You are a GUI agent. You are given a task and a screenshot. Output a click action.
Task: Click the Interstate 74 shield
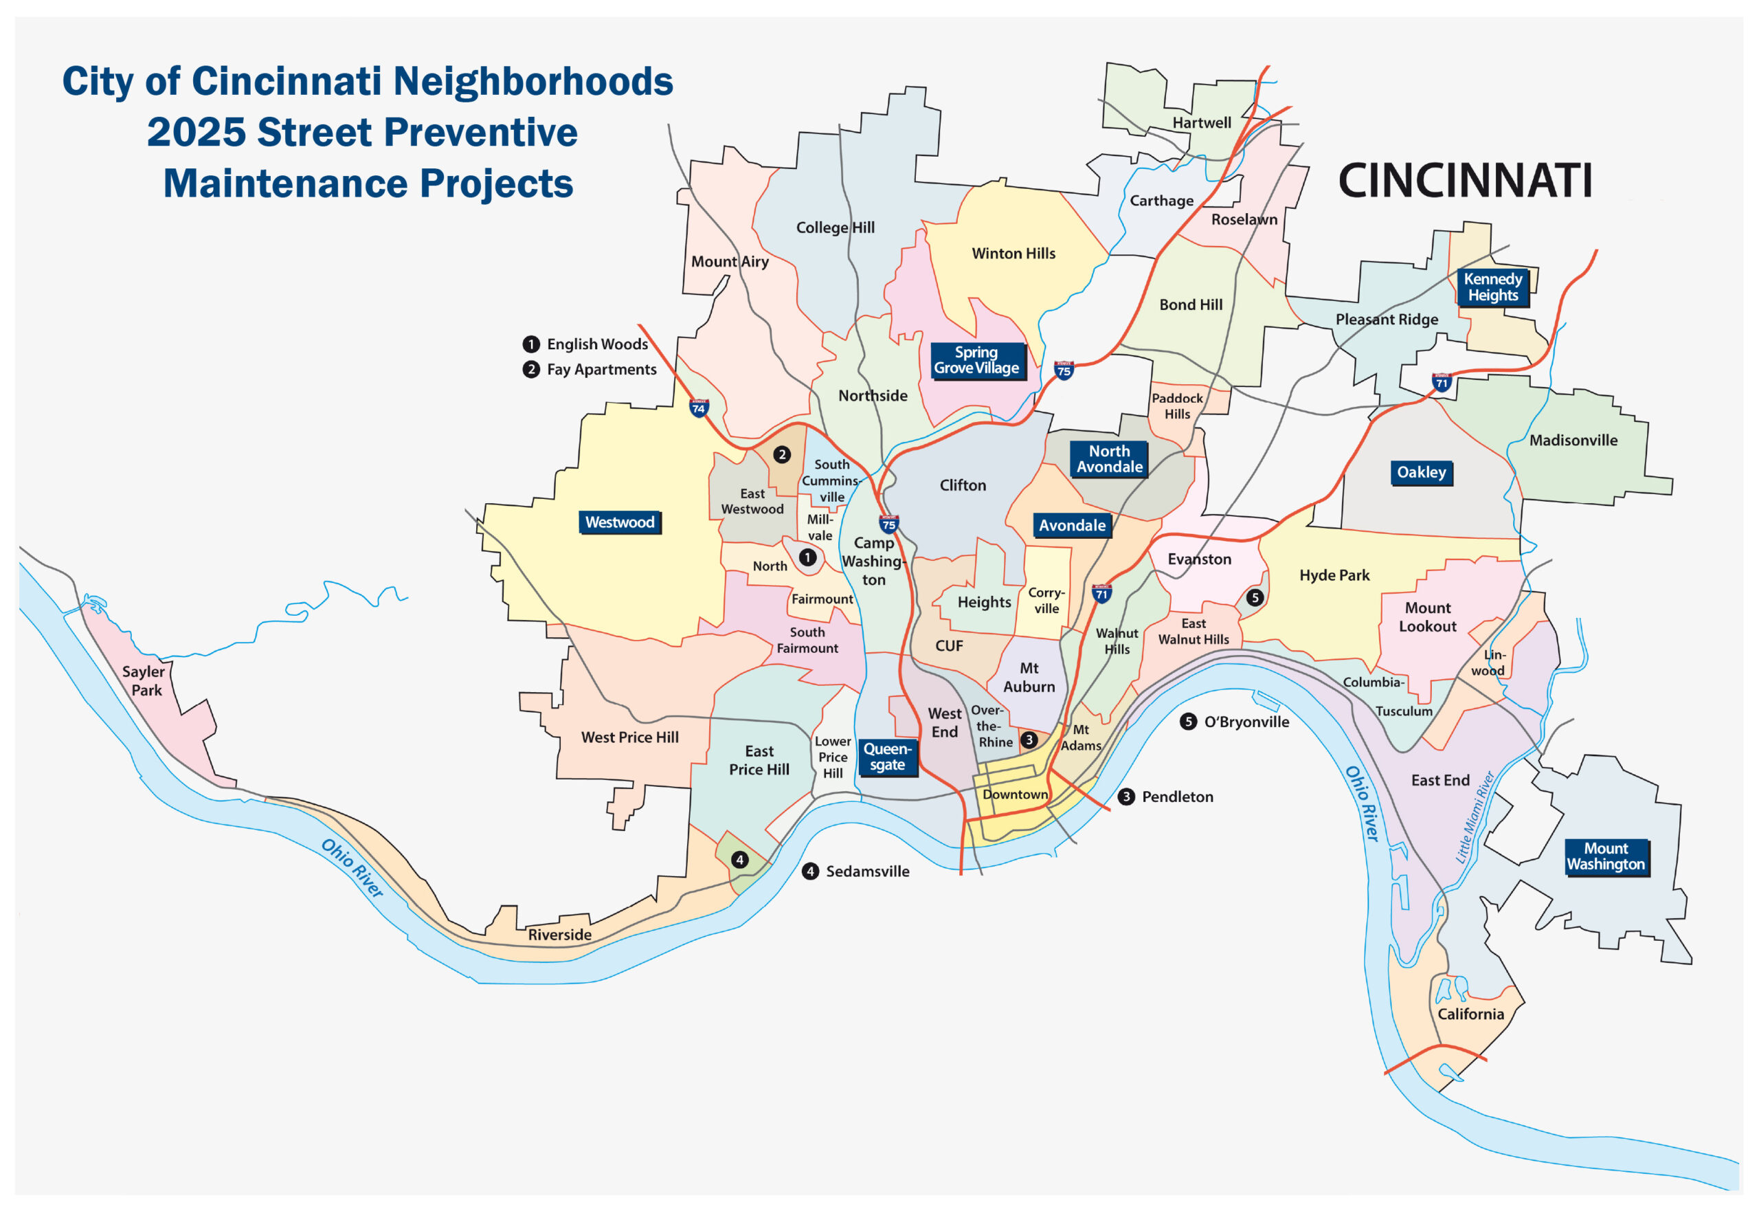[x=699, y=408]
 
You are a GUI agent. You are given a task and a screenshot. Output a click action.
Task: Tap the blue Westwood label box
[x=620, y=522]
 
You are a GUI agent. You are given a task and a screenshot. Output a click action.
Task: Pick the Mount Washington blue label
[x=1606, y=856]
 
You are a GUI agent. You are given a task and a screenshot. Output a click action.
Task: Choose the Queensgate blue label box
[x=888, y=757]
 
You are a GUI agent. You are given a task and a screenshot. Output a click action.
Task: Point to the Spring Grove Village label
[x=976, y=360]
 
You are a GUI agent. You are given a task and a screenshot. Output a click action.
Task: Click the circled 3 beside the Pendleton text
[x=1126, y=797]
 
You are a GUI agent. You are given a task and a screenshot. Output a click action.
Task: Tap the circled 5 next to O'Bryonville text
[x=1189, y=722]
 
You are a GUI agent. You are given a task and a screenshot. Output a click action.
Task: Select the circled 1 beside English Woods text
[x=531, y=344]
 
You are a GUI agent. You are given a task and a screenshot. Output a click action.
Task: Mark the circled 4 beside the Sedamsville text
[x=811, y=871]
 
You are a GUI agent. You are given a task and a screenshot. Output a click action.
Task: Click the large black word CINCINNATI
[x=1465, y=181]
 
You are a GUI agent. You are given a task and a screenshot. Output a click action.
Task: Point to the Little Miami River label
[x=1475, y=817]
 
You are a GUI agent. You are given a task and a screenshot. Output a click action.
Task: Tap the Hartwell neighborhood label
[x=1202, y=123]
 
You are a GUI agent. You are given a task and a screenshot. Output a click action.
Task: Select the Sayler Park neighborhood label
[x=144, y=680]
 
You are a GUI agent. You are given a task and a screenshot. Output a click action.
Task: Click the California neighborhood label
[x=1470, y=1014]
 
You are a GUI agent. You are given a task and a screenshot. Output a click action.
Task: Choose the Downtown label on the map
[x=1015, y=795]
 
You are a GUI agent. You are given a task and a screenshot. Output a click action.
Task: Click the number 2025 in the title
[x=196, y=132]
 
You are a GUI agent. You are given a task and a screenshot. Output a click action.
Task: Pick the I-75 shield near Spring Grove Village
[x=1064, y=371]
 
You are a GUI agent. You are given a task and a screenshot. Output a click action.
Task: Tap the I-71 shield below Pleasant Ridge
[x=1441, y=382]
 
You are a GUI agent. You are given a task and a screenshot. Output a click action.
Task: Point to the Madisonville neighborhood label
[x=1573, y=440]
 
